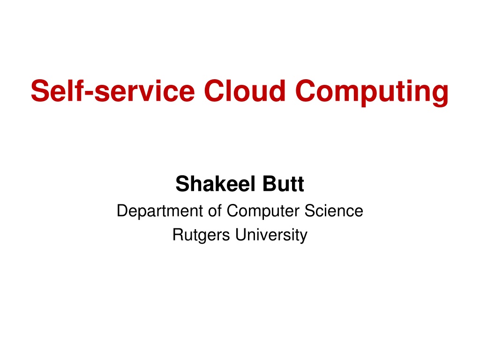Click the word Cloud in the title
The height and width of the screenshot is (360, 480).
(x=245, y=90)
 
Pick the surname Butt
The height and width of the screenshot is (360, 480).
(x=283, y=184)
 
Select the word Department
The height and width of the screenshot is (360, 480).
(x=160, y=211)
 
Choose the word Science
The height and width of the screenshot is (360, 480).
(x=334, y=210)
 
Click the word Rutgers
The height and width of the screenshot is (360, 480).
(x=201, y=235)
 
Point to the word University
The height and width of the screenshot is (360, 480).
(x=271, y=235)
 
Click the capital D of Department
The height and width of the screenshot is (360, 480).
(x=123, y=210)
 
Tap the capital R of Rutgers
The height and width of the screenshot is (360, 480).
(x=179, y=234)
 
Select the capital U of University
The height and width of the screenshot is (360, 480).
(x=241, y=235)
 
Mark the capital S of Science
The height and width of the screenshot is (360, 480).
(x=310, y=210)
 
